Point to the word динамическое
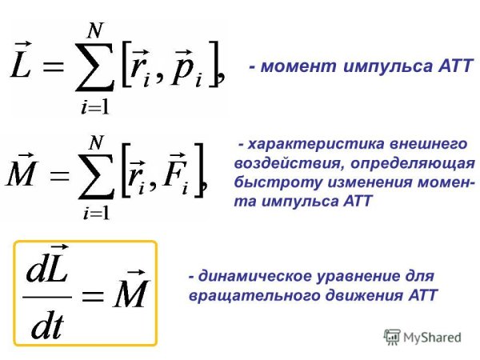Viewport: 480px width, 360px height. (x=251, y=276)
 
